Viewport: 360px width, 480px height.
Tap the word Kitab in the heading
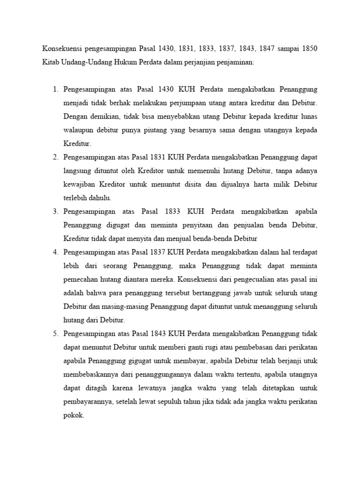coord(51,62)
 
